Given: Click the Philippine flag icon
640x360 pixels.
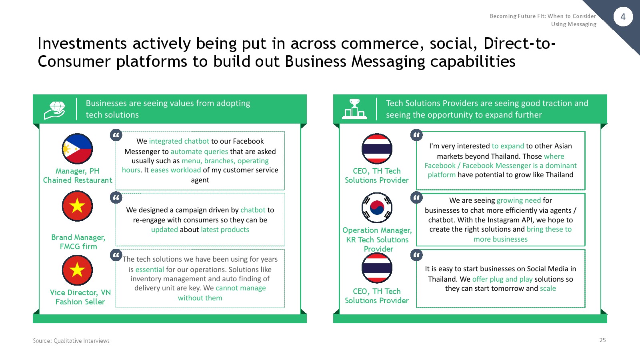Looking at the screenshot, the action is [77, 149].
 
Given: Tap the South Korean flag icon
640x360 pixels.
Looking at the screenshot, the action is [377, 208].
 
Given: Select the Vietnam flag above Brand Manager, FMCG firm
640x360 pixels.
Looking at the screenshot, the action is [77, 206].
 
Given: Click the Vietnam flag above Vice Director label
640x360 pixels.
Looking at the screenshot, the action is [77, 270].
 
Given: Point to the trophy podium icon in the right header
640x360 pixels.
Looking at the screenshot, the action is [354, 109].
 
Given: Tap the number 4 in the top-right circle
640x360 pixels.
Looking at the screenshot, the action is [623, 17].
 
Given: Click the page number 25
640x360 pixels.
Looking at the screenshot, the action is [602, 340].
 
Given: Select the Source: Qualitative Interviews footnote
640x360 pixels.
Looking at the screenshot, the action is [71, 340].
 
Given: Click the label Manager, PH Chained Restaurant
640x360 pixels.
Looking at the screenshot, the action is [78, 176].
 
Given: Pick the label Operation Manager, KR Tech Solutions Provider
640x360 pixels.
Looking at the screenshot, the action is [377, 240].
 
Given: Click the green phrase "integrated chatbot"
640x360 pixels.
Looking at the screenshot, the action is [179, 141].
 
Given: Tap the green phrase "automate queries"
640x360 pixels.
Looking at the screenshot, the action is [199, 152].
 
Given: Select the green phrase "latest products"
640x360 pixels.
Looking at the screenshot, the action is [225, 230].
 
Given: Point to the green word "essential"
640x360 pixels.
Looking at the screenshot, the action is [150, 270].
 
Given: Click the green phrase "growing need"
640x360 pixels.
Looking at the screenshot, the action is [519, 200].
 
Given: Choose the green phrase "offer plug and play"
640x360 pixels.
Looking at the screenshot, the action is [502, 279].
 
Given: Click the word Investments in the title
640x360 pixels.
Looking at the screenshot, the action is [82, 44].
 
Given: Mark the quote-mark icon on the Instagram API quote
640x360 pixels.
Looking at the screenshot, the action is [416, 198].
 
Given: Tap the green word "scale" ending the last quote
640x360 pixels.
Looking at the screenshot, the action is [548, 288].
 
